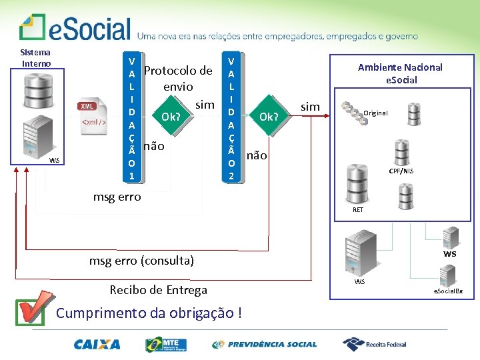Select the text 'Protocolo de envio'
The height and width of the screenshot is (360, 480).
178,78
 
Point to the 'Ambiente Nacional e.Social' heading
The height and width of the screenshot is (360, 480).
400,73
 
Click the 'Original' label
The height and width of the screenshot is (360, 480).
375,113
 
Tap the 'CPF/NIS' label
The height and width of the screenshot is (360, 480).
401,171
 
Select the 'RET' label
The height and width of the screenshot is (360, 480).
358,210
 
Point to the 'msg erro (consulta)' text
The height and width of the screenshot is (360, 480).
141,261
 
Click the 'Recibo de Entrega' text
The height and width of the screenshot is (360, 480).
158,289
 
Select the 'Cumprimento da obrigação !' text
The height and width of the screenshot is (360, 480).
149,313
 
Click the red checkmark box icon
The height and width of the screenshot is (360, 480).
33,309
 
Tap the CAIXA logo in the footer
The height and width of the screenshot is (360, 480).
97,345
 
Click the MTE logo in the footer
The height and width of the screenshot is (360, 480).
165,345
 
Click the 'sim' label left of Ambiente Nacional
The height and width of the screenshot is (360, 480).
311,107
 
